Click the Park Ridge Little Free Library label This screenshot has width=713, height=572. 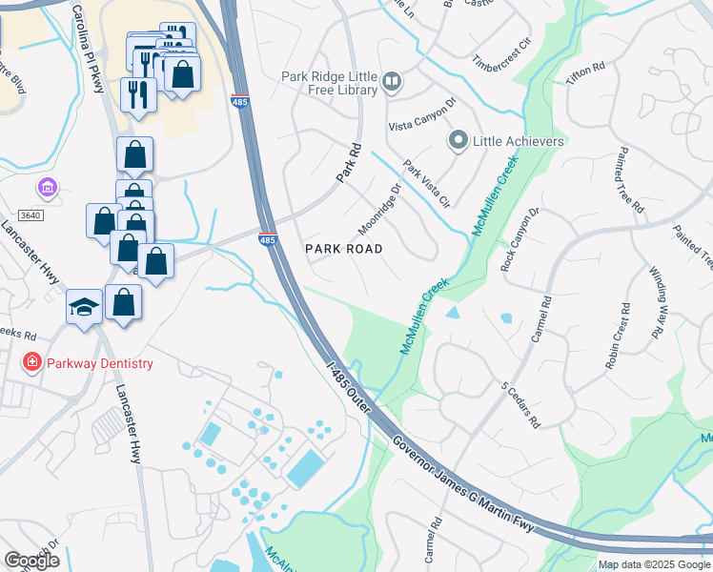[329, 83]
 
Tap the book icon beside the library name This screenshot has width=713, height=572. [392, 83]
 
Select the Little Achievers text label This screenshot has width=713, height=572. [519, 142]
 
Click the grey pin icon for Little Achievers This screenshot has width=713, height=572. [458, 142]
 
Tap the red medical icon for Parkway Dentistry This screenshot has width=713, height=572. [31, 363]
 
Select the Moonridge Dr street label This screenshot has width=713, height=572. [377, 209]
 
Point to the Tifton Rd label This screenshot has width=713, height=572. [585, 76]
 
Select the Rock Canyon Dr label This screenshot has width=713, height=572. [520, 239]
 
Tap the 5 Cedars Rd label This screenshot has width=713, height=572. [520, 404]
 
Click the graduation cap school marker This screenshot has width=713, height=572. [84, 307]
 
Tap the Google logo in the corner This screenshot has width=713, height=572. [31, 561]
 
